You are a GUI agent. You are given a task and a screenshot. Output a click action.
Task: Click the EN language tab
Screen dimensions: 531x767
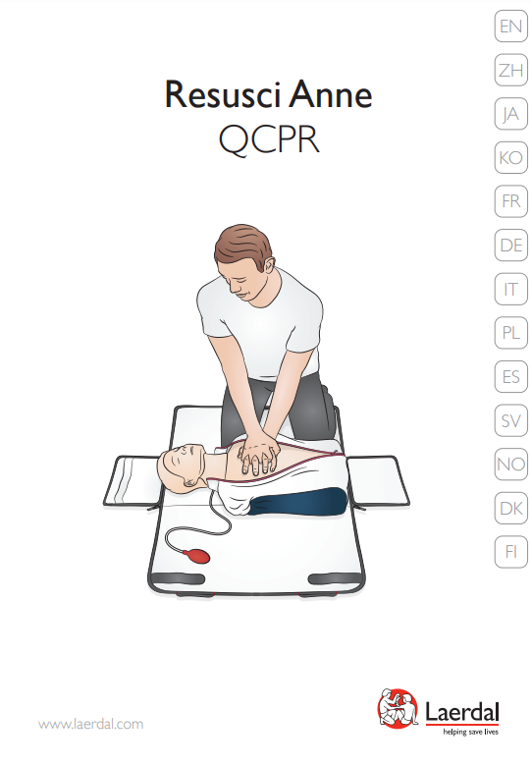[x=511, y=26]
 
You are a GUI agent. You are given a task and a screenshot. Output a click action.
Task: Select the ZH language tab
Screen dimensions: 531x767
[x=511, y=70]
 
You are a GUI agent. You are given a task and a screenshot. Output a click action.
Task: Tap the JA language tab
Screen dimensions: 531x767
[x=511, y=114]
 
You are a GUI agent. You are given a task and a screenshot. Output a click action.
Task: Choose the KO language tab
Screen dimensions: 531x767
[x=511, y=157]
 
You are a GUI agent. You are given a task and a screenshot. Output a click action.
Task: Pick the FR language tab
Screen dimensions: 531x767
[x=511, y=201]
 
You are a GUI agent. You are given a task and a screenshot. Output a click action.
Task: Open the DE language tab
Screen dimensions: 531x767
[x=511, y=246]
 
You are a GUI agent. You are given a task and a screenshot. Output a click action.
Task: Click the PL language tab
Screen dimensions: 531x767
[x=511, y=333]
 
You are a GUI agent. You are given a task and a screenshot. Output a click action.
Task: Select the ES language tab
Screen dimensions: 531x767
[x=511, y=377]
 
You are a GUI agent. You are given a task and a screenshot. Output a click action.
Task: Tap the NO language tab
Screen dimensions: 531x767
[x=511, y=465]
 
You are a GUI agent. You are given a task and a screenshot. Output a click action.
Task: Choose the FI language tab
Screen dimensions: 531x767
[x=511, y=552]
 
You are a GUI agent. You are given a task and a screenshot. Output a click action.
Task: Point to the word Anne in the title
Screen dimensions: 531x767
[x=332, y=93]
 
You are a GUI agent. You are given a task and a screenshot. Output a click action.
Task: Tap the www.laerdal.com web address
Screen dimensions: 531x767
[x=91, y=724]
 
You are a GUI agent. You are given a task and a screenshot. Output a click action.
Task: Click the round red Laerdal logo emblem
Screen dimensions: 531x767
[x=398, y=708]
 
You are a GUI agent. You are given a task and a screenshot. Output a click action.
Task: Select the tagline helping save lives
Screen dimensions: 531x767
[x=470, y=732]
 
